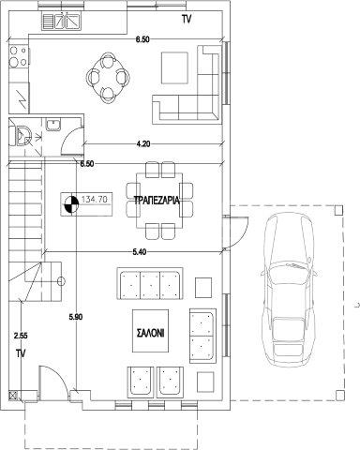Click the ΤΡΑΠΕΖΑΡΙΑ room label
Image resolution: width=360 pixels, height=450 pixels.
coord(157,200)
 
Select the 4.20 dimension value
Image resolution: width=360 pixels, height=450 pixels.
coord(143,143)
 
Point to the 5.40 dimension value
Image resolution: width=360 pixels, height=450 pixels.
coord(140,252)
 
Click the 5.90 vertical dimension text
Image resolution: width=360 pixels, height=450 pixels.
coord(76,317)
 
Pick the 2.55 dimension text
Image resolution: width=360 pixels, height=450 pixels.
coord(21,336)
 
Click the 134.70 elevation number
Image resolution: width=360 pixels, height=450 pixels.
coord(95,199)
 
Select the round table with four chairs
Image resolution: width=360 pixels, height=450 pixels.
coord(108,78)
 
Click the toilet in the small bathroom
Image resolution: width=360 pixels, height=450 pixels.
coord(21,136)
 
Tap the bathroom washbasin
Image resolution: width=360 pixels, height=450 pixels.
coord(53,125)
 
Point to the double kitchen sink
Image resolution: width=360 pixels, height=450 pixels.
coord(61,21)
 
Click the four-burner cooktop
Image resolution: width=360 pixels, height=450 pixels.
coord(19,56)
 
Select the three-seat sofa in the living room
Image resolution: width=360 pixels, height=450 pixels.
coord(150,283)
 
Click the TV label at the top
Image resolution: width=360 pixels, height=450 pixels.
coord(187,19)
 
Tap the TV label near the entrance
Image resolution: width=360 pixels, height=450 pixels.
coord(21,353)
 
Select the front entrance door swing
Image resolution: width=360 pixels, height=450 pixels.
coord(53,382)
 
